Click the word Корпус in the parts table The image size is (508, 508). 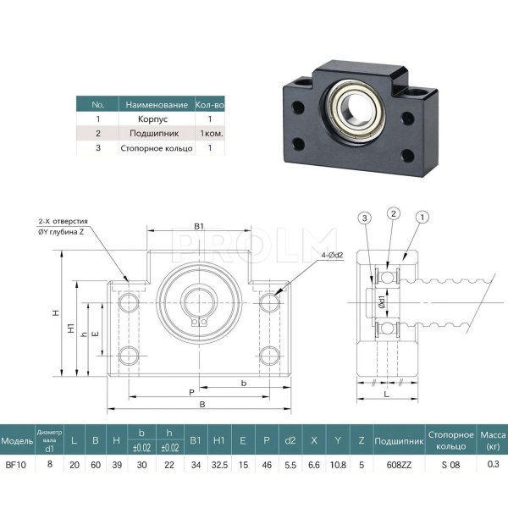pyautogui.click(x=160, y=119)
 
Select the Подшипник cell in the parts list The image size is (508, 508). pyautogui.click(x=160, y=134)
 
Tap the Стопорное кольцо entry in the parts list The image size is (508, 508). pyautogui.click(x=160, y=148)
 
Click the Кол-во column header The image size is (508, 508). pyautogui.click(x=209, y=105)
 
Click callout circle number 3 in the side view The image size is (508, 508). pyautogui.click(x=365, y=218)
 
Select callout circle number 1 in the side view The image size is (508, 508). pyautogui.click(x=421, y=218)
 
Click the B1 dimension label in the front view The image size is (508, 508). pyautogui.click(x=199, y=226)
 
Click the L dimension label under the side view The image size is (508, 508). pyautogui.click(x=385, y=395)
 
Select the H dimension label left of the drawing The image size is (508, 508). pyautogui.click(x=56, y=313)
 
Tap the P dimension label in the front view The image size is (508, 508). pyautogui.click(x=192, y=392)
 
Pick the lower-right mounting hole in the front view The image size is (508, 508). pyautogui.click(x=269, y=355)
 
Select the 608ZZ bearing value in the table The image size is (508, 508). pyautogui.click(x=387, y=464)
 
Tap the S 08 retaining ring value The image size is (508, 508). pyautogui.click(x=451, y=464)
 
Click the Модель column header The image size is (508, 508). pyautogui.click(x=17, y=441)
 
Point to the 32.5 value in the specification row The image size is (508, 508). pyautogui.click(x=218, y=464)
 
